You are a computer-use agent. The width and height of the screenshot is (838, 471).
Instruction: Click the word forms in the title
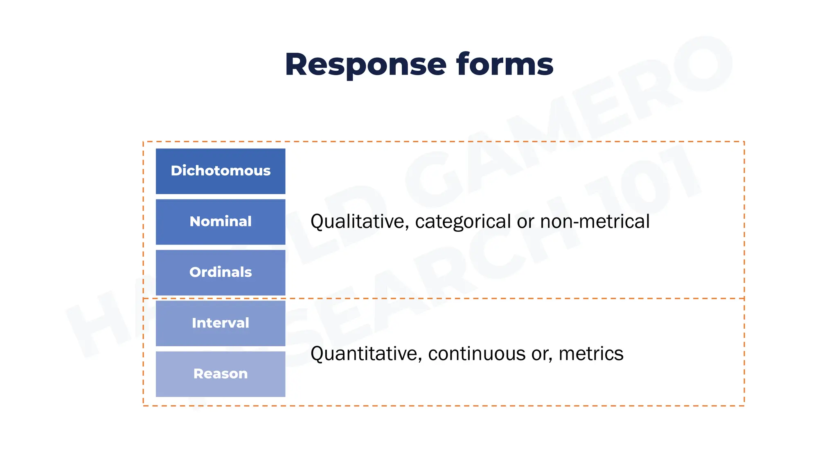pos(505,64)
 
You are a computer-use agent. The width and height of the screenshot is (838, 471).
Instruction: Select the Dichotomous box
pos(221,171)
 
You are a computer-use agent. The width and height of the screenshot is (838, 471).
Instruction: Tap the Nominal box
pos(221,222)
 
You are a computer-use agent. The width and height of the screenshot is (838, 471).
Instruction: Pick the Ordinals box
pos(221,272)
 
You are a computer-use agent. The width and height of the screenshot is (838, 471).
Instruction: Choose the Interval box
pos(221,323)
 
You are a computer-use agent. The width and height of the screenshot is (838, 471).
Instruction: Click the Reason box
pos(221,374)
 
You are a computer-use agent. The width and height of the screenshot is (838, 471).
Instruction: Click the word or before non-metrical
pos(525,222)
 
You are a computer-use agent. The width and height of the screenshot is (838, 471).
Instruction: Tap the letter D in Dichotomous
pos(176,170)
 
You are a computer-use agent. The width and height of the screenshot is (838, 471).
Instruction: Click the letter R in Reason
pos(198,374)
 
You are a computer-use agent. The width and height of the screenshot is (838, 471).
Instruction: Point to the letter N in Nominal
pos(195,222)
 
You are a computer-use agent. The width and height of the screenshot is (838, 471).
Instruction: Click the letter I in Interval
pos(194,323)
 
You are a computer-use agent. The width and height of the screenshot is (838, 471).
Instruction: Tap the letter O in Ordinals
pos(195,272)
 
